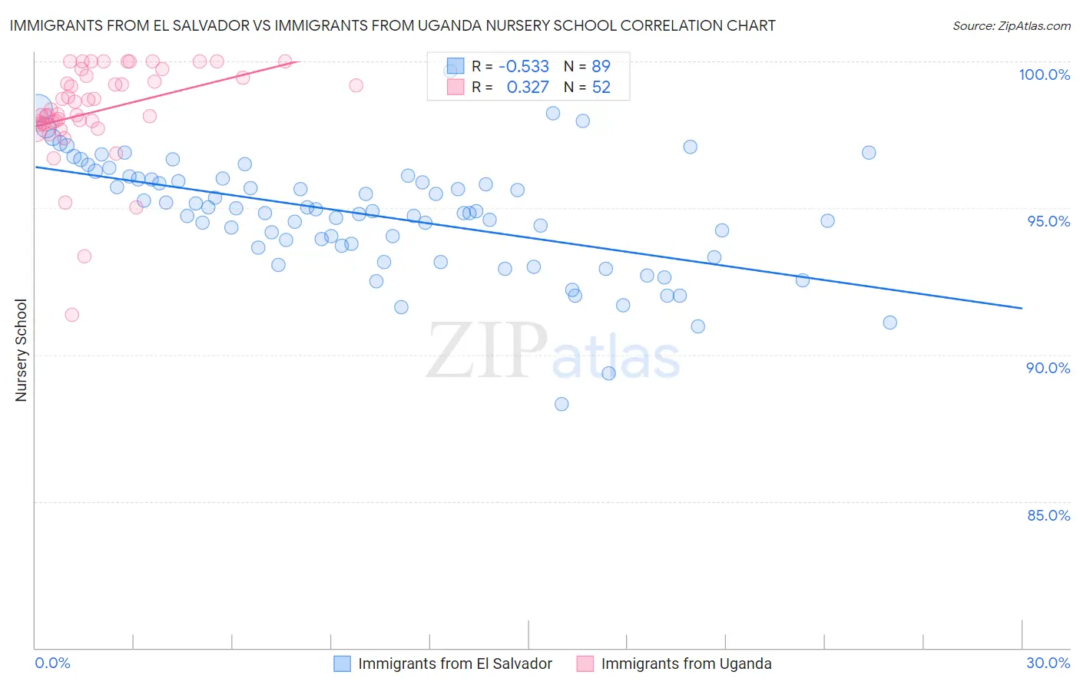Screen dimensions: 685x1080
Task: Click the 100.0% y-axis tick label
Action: click(x=1044, y=74)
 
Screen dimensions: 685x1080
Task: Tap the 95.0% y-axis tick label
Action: click(x=1049, y=221)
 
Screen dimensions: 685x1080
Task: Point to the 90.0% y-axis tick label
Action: click(x=1048, y=368)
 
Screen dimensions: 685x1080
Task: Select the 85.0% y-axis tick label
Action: click(x=1049, y=515)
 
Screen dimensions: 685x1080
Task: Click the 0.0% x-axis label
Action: click(x=53, y=663)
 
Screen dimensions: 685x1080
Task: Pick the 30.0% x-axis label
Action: click(x=1048, y=663)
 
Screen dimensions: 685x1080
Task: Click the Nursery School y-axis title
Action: click(x=21, y=349)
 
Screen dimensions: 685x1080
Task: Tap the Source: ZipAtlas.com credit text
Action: click(x=1011, y=26)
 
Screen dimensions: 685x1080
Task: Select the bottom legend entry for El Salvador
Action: click(x=443, y=663)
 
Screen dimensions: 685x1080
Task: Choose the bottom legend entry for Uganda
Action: click(x=674, y=663)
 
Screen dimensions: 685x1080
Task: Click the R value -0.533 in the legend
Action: click(x=523, y=66)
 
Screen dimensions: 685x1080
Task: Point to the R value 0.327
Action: click(x=528, y=87)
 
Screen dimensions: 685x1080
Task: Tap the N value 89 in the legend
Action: click(x=601, y=66)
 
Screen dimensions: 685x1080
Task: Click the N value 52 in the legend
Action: click(x=601, y=87)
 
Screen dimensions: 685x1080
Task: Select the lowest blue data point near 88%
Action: click(x=562, y=404)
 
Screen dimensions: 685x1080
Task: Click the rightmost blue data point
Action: click(x=890, y=323)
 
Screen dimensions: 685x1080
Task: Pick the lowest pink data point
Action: click(x=71, y=315)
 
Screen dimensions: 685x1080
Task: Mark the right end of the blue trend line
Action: click(x=1022, y=308)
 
